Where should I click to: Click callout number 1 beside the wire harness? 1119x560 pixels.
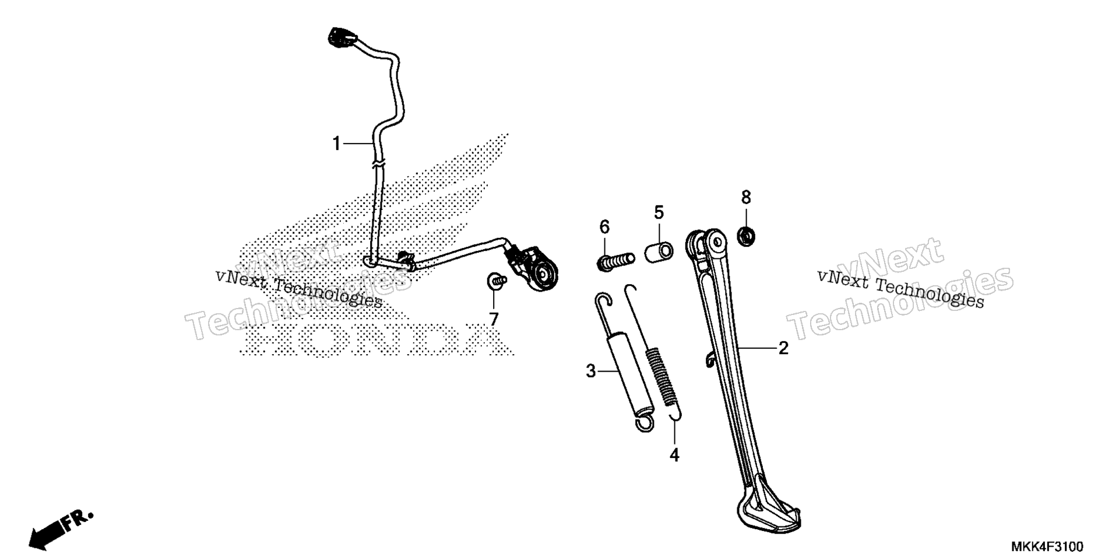[336, 143]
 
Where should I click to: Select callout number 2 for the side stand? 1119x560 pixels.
[784, 348]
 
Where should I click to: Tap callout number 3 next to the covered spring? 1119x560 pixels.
[591, 370]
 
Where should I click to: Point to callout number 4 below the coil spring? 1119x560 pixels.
[674, 455]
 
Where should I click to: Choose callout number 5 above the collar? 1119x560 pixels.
[659, 212]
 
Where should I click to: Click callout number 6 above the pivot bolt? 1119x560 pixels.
[604, 226]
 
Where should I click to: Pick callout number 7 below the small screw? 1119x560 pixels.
[494, 319]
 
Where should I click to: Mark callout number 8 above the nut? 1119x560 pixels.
[746, 197]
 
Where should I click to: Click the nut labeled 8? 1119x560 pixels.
[746, 236]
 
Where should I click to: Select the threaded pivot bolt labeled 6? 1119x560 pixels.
[615, 260]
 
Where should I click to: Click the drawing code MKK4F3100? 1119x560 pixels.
[1047, 547]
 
